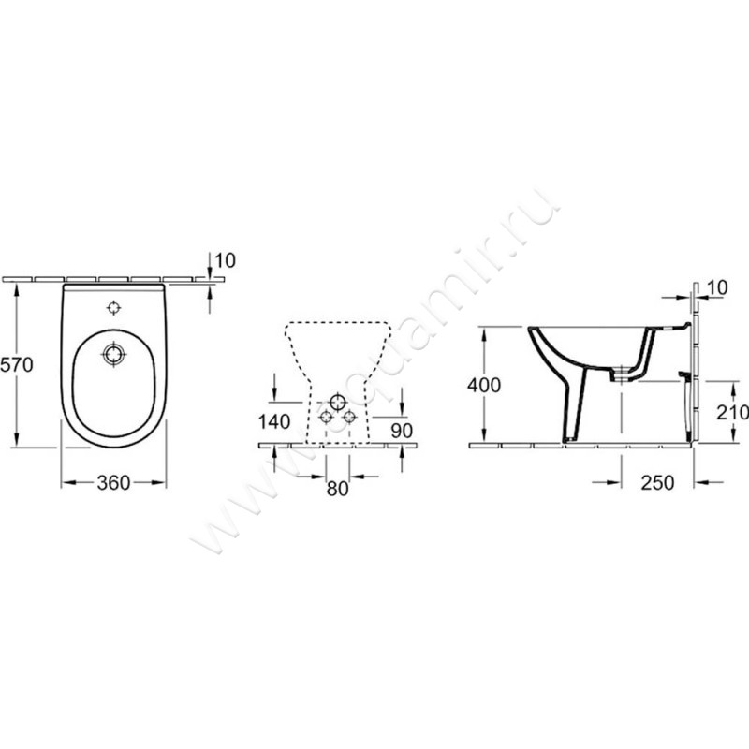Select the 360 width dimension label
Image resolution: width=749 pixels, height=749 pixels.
click(x=112, y=482)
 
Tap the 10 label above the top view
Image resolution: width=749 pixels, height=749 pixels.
click(x=226, y=258)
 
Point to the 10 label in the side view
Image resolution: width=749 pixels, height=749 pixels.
click(x=717, y=286)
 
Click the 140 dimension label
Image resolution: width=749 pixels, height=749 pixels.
click(x=272, y=421)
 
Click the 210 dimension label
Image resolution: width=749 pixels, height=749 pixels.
click(x=732, y=411)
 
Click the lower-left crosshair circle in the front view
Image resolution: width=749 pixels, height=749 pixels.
click(x=325, y=416)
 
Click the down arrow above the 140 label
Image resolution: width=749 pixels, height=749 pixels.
click(x=272, y=391)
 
